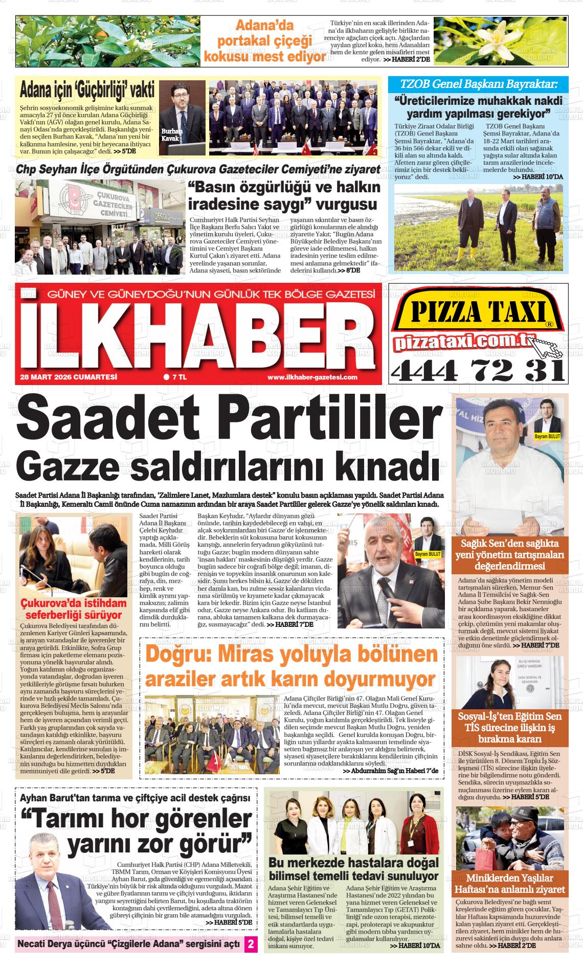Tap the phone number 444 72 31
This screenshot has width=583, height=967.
coord(477,369)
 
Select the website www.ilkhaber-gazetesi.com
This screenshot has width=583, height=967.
coord(312,377)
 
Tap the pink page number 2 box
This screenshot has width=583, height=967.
coord(251,944)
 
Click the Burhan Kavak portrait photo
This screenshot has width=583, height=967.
coord(182,117)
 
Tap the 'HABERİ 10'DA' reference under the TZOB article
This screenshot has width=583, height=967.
coord(537,177)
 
